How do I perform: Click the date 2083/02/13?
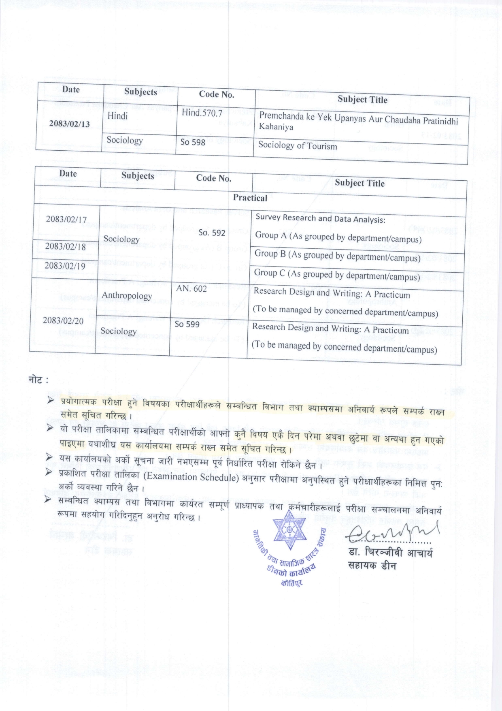click(x=69, y=123)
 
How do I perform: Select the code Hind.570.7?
click(x=202, y=113)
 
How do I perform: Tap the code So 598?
click(x=193, y=142)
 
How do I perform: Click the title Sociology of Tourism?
click(x=298, y=145)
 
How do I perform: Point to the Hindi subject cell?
click(x=117, y=116)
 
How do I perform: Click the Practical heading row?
click(x=250, y=198)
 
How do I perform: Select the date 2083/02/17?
click(x=66, y=219)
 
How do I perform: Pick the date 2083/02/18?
click(x=66, y=246)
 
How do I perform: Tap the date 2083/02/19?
click(x=65, y=265)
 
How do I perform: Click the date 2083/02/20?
click(x=63, y=320)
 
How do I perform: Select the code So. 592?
click(x=212, y=233)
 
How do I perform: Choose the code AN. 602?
click(x=191, y=289)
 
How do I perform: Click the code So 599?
click(x=187, y=324)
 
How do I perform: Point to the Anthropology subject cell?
click(x=127, y=295)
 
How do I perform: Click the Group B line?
click(x=337, y=256)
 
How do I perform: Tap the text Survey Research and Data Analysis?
click(x=320, y=219)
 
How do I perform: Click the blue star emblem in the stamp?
click(x=289, y=530)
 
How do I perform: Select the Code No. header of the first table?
click(x=217, y=94)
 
